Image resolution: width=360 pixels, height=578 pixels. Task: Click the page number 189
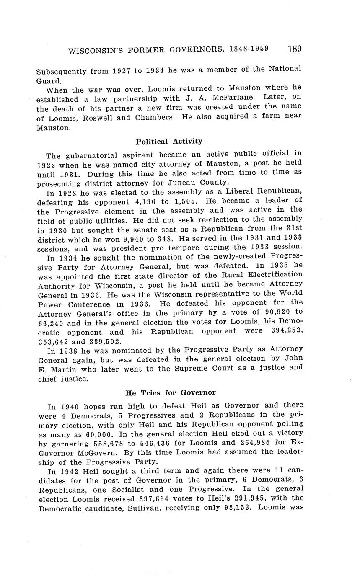(295, 49)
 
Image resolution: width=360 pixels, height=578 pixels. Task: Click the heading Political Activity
(169, 141)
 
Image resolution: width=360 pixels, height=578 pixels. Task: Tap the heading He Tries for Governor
(171, 392)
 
